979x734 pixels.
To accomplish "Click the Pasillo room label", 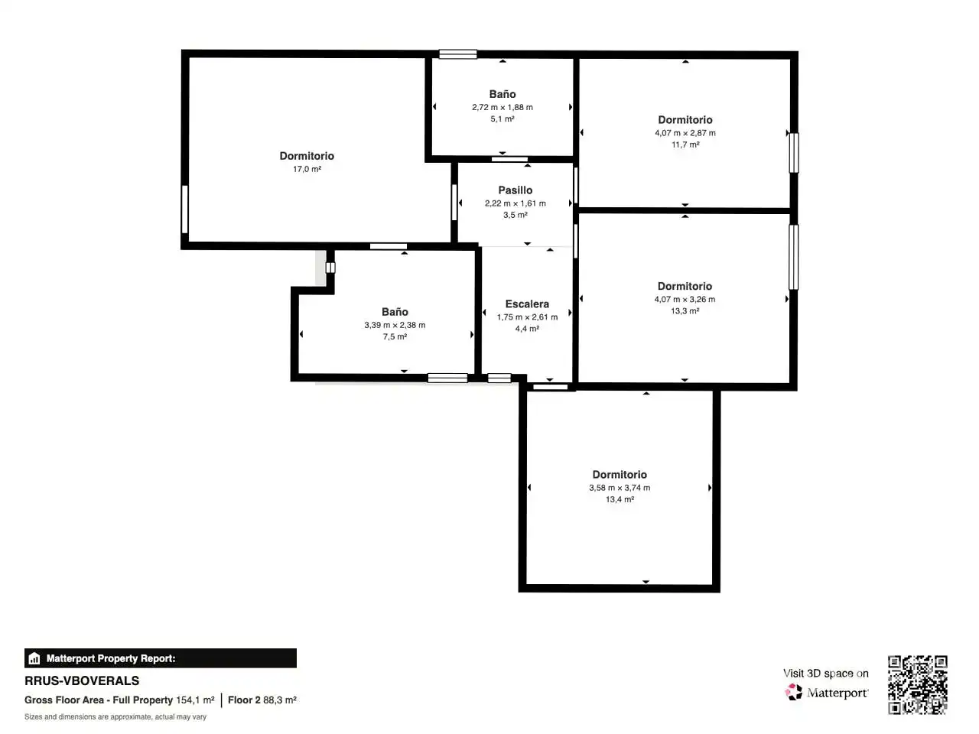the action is click(516, 190).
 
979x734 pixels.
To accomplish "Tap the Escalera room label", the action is click(527, 304).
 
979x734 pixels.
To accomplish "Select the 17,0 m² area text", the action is click(307, 169).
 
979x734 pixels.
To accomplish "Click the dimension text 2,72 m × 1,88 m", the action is click(503, 107).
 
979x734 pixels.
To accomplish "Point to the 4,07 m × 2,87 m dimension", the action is click(685, 133).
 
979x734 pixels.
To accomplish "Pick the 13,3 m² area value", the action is click(685, 310).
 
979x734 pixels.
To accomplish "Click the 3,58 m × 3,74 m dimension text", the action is click(620, 488).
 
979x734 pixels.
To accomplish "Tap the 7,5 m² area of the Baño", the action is click(395, 336).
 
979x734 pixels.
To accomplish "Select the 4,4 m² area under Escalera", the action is click(527, 329).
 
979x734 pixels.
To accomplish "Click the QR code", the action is click(917, 684).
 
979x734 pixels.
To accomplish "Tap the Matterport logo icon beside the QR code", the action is click(793, 692).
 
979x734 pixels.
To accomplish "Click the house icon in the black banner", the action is click(34, 658).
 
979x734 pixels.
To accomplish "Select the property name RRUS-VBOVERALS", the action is click(82, 680).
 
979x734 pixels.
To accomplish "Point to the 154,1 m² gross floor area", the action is click(195, 700).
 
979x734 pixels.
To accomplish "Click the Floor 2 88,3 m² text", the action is click(262, 700).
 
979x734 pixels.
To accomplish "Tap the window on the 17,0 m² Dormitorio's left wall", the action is click(184, 209).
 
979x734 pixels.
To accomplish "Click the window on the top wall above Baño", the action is click(457, 54).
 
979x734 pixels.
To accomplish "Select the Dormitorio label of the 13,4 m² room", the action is click(620, 474).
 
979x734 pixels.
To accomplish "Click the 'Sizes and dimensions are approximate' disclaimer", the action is click(115, 716).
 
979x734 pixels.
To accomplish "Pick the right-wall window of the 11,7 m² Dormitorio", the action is click(793, 153).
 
